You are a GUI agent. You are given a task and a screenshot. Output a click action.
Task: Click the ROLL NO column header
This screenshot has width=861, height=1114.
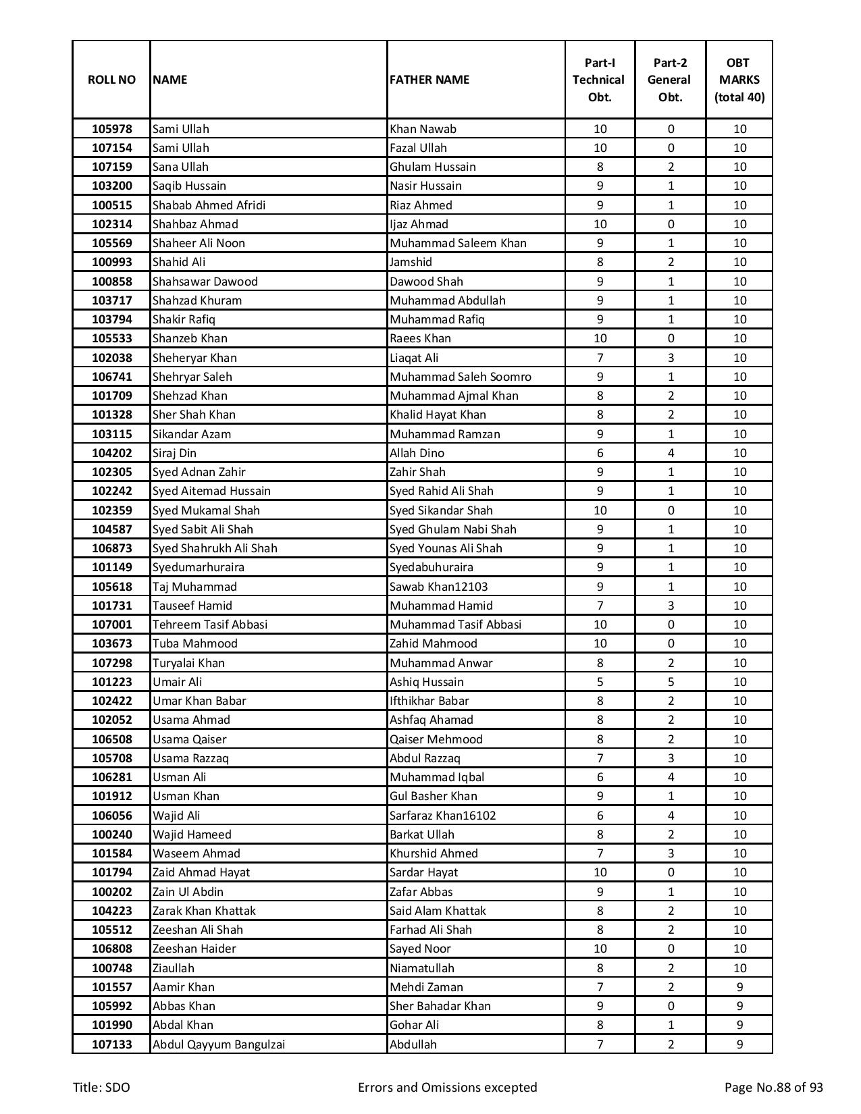click(x=111, y=80)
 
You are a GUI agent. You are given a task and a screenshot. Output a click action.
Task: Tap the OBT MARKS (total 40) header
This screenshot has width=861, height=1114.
click(x=739, y=80)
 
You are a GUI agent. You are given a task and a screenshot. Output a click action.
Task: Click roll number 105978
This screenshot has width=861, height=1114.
click(x=111, y=129)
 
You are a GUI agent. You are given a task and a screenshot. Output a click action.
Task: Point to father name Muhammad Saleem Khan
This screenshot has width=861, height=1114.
click(x=458, y=243)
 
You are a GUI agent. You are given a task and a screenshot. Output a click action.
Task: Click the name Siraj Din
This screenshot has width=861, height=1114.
click(x=174, y=453)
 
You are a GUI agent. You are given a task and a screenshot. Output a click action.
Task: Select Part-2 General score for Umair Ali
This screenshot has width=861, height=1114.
click(x=670, y=682)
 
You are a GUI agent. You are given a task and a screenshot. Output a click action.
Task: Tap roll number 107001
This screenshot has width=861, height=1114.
click(x=111, y=625)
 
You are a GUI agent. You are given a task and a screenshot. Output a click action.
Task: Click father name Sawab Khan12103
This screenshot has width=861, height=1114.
click(x=438, y=587)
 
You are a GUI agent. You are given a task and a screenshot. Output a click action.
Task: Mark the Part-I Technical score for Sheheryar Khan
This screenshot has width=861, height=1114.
click(x=600, y=358)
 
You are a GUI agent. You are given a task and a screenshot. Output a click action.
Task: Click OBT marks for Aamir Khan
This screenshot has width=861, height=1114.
click(x=739, y=987)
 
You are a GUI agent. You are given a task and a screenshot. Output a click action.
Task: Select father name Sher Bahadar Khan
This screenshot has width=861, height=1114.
click(x=440, y=1006)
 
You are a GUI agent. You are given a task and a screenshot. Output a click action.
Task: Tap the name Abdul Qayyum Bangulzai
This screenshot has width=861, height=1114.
click(x=218, y=1044)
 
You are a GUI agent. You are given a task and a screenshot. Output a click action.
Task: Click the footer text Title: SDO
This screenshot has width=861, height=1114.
click(x=101, y=1087)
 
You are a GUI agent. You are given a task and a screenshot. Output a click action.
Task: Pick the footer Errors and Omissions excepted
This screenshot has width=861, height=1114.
click(x=447, y=1087)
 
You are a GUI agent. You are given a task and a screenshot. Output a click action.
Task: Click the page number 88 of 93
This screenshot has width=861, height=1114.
click(x=773, y=1087)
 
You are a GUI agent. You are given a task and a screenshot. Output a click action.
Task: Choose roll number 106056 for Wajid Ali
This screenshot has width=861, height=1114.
click(x=111, y=816)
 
